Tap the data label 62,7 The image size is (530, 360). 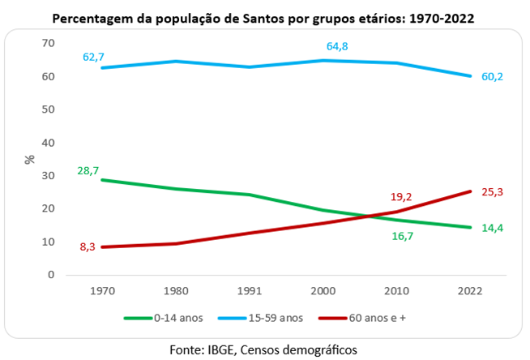tap(94, 57)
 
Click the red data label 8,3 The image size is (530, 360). tap(88, 246)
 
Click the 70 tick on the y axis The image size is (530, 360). tap(48, 43)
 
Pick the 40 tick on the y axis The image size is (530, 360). tap(48, 143)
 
